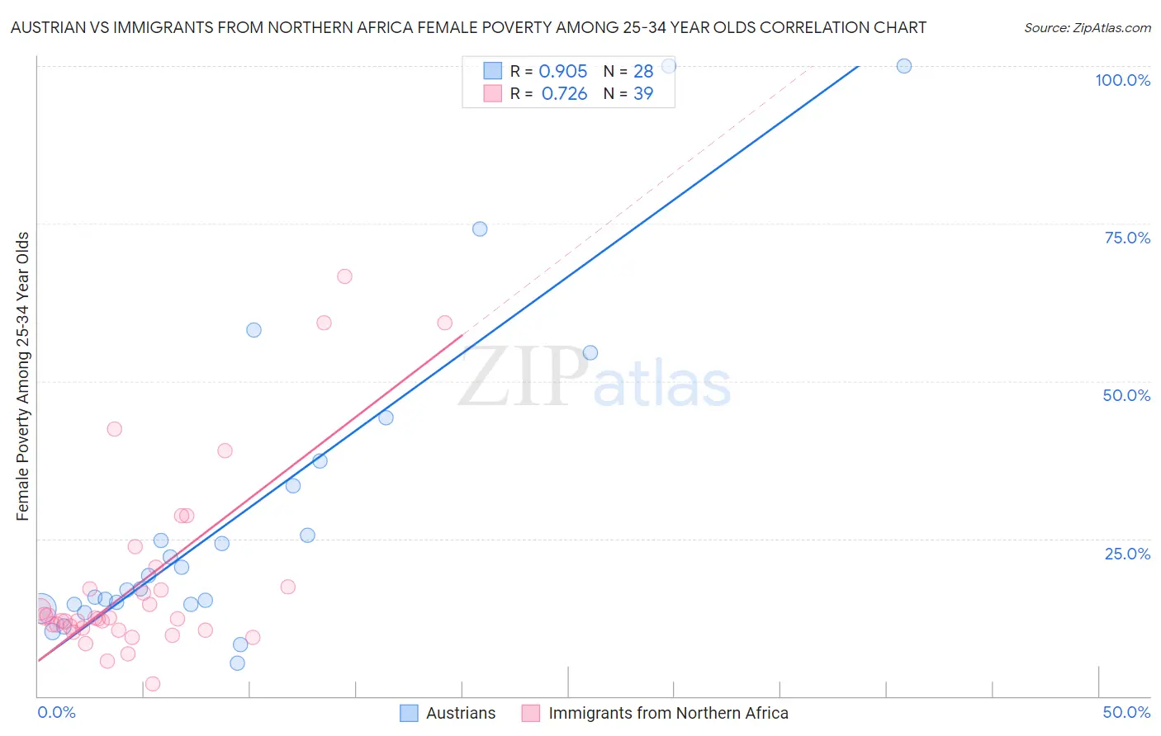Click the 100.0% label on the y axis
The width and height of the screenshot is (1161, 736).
pos(1122,80)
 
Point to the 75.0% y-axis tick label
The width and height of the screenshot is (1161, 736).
pos(1127,238)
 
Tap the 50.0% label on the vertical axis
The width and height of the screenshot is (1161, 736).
pos(1126,395)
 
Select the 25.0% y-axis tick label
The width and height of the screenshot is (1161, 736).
pos(1127,553)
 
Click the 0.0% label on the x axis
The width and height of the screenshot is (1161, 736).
pos(56,712)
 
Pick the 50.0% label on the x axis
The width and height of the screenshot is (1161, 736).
pos(1126,712)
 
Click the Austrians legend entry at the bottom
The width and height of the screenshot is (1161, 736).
pos(460,713)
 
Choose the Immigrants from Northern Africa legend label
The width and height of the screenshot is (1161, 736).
pos(668,713)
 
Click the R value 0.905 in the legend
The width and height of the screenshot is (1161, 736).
pos(563,72)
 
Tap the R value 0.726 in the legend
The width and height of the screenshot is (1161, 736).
pos(564,94)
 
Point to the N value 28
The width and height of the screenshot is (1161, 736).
pos(643,72)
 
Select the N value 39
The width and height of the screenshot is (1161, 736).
pos(643,94)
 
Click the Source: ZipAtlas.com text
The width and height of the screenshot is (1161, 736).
pos(1087,28)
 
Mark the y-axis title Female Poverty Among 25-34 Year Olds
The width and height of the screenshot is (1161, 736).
pos(23,376)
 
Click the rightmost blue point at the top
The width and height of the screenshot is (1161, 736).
pos(904,66)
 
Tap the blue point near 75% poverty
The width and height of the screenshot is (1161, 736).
pos(480,229)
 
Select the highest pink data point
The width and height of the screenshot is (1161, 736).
pos(344,276)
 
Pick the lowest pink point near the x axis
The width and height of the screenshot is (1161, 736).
pos(152,684)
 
